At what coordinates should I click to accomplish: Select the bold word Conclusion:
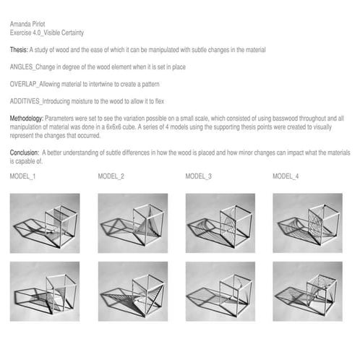tap(25, 153)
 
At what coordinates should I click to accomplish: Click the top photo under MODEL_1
tap(45, 223)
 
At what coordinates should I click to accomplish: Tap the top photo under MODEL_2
tap(133, 223)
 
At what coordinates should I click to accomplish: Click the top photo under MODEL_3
tap(220, 223)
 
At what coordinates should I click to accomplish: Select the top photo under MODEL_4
tap(308, 223)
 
